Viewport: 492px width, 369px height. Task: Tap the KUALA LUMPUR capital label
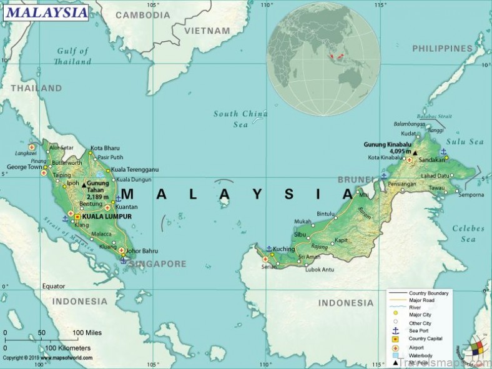(x=107, y=217)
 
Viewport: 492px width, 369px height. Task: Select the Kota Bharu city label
(x=105, y=148)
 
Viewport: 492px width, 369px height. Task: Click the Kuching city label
(x=284, y=249)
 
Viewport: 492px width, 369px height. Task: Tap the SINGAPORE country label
(x=157, y=264)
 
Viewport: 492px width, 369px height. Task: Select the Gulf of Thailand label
(x=72, y=56)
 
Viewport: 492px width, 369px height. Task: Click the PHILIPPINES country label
(x=442, y=48)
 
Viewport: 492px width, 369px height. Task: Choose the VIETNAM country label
(x=207, y=30)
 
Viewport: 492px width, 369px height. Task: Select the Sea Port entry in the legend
(x=419, y=330)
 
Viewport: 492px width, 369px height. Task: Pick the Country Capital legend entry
(x=426, y=338)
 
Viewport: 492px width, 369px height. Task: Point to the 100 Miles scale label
(x=87, y=332)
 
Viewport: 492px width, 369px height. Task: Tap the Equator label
(x=53, y=286)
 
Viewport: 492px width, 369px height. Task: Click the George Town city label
(x=24, y=167)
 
